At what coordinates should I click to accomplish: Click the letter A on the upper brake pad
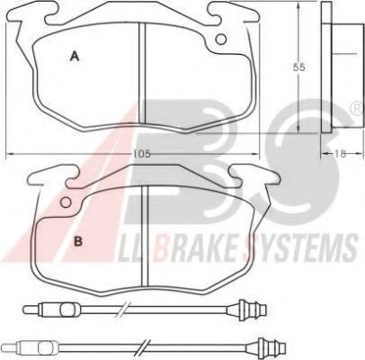(x=76, y=57)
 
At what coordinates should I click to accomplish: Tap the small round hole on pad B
(x=66, y=204)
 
